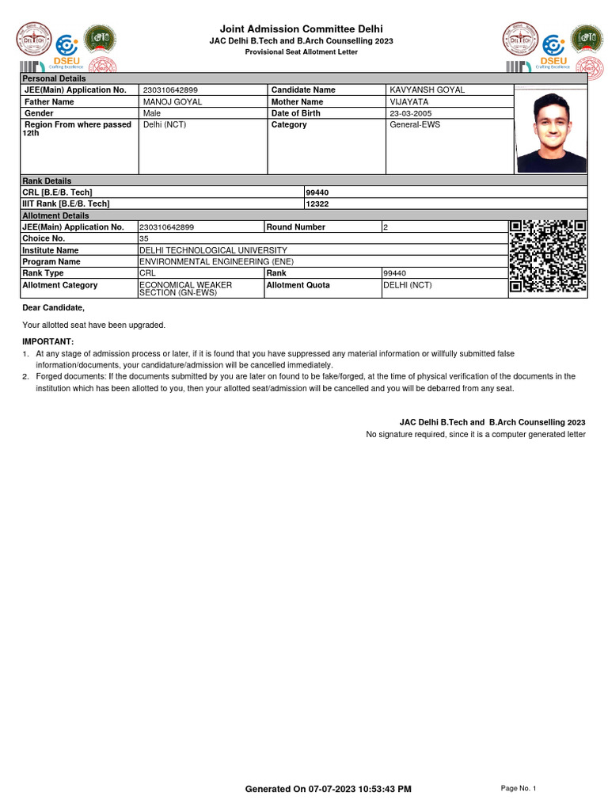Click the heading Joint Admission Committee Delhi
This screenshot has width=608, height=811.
(x=301, y=29)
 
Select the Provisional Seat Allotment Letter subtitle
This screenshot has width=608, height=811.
(x=301, y=51)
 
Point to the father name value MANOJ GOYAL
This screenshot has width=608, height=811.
(x=172, y=101)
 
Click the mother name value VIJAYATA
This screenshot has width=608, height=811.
(x=408, y=101)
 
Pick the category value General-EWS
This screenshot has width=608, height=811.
(x=415, y=124)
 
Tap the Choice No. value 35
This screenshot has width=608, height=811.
(x=144, y=238)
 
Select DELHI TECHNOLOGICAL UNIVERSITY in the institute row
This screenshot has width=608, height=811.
(x=213, y=250)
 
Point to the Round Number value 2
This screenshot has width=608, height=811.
(x=386, y=227)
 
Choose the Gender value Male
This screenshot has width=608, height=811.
(x=151, y=113)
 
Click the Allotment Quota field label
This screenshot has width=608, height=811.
(x=298, y=285)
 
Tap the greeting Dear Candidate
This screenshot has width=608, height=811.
(x=53, y=307)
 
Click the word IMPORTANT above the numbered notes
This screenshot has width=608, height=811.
(x=47, y=341)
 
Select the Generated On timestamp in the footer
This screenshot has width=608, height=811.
(x=328, y=789)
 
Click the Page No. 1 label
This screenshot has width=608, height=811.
(x=519, y=788)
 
